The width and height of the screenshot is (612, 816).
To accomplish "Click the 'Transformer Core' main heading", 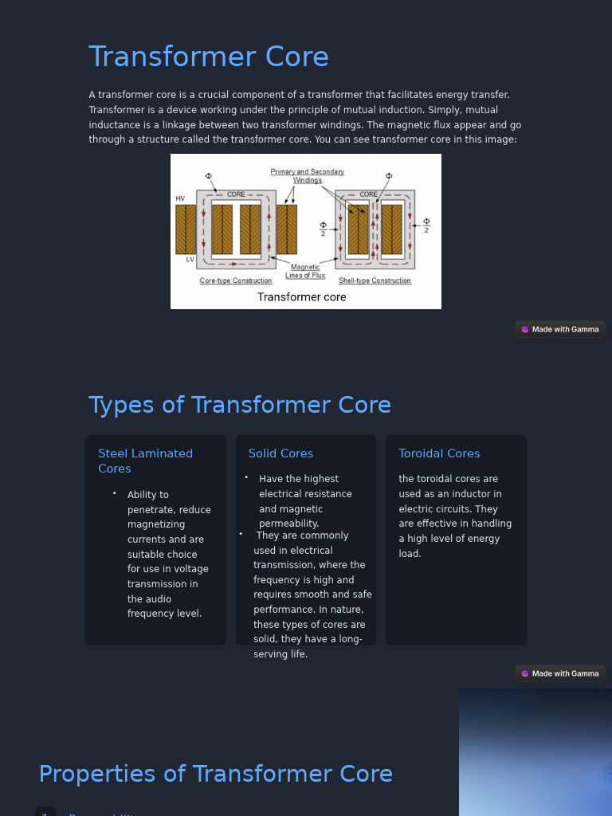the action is click(x=209, y=57).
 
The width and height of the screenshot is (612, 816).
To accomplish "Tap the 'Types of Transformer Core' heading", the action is click(x=240, y=405).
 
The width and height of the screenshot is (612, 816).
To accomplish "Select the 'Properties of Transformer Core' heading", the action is click(x=216, y=774).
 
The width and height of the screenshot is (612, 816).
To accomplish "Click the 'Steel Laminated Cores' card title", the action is click(x=145, y=461).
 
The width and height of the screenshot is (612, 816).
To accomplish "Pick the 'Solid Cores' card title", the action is click(x=280, y=453).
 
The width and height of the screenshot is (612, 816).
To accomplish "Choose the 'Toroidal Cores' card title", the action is click(x=439, y=453).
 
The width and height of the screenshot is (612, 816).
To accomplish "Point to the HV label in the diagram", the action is click(x=180, y=198).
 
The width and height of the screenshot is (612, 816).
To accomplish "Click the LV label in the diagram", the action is click(x=190, y=260).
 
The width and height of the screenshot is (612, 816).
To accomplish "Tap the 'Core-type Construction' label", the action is click(x=236, y=281).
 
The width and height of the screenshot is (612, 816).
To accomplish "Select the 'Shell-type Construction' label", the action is click(x=375, y=281).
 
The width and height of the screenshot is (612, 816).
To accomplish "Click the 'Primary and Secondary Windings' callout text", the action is click(x=308, y=175).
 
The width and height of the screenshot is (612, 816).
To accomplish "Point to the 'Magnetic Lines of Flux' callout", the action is click(x=305, y=272).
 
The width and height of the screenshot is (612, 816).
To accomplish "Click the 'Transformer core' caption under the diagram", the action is click(x=301, y=297).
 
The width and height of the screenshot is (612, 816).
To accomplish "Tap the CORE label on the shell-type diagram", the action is click(x=369, y=194).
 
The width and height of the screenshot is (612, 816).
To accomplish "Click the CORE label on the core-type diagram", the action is click(x=236, y=194).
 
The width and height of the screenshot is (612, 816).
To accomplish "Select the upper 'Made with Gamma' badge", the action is click(x=560, y=329).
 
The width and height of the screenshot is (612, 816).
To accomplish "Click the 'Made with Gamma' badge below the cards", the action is click(x=560, y=673).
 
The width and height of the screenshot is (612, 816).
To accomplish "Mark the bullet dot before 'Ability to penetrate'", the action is click(x=115, y=494).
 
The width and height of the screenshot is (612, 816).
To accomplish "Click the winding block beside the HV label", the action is click(x=186, y=229).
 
